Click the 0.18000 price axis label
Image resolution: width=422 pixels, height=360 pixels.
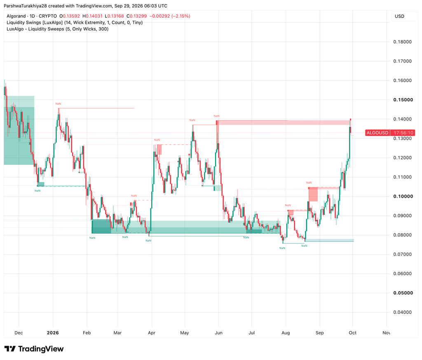click(402, 42)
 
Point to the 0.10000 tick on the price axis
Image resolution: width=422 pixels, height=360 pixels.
click(402, 196)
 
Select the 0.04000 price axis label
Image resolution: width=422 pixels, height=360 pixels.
click(402, 312)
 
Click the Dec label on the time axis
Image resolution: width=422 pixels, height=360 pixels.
click(19, 333)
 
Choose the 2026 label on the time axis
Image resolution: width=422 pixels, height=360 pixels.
click(53, 333)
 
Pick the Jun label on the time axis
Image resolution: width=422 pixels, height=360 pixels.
click(218, 333)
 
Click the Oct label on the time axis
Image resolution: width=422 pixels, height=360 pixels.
click(353, 333)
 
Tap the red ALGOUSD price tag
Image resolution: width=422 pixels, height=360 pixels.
click(377, 133)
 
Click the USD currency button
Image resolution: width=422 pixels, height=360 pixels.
click(399, 16)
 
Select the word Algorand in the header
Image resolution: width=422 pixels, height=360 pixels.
click(16, 16)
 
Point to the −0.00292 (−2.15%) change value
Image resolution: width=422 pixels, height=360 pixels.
click(169, 16)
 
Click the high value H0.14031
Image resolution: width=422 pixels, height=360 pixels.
click(92, 16)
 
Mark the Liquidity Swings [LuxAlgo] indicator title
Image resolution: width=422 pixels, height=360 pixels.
click(35, 23)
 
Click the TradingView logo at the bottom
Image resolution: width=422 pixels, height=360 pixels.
click(34, 349)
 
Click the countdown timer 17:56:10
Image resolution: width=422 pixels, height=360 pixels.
click(403, 133)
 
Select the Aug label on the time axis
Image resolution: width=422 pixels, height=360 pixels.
click(286, 333)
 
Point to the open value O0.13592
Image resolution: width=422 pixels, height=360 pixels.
click(69, 16)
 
